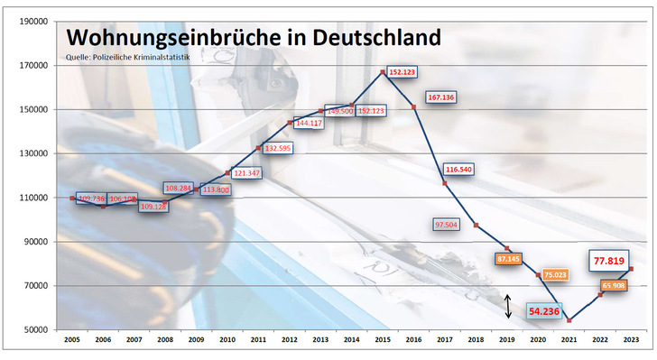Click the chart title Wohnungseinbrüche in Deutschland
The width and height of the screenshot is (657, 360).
(x=254, y=38)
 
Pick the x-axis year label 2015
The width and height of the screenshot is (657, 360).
(x=383, y=342)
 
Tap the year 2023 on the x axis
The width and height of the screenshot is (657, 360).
(x=631, y=342)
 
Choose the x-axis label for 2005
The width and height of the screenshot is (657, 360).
(x=72, y=342)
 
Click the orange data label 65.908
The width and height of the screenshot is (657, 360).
(x=613, y=286)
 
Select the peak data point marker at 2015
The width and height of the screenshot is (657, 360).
(x=383, y=72)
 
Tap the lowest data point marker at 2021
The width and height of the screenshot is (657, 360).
(x=569, y=320)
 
